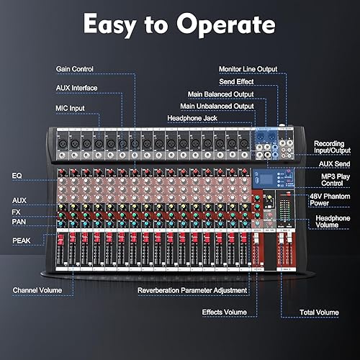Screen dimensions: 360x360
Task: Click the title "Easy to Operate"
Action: click(179, 24)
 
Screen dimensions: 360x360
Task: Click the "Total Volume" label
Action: click(318, 312)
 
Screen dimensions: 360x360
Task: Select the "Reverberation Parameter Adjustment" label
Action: click(192, 291)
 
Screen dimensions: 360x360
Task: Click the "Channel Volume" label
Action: click(42, 291)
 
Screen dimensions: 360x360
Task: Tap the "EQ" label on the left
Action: click(17, 175)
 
